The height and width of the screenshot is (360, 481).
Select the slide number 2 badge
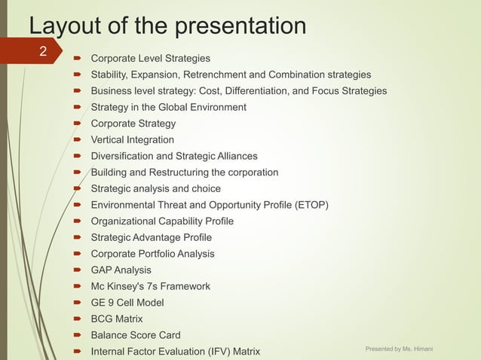coord(43,52)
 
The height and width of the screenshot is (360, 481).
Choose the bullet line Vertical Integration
coord(132,139)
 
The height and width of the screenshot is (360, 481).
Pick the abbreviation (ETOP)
coord(308,205)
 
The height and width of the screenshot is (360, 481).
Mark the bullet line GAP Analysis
coord(121,270)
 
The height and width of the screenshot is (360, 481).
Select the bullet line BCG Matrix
coord(116,319)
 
